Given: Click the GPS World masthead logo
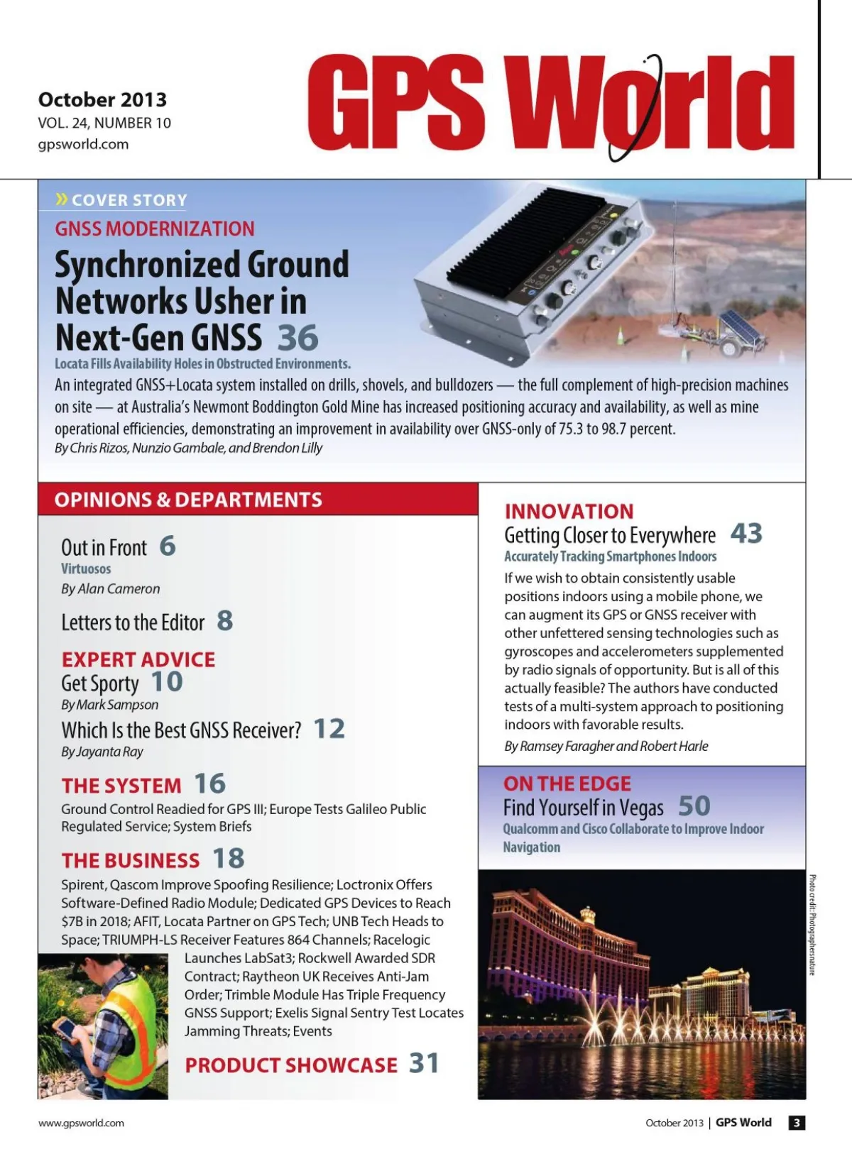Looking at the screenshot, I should (x=550, y=103).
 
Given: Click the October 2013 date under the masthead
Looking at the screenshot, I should (x=102, y=99).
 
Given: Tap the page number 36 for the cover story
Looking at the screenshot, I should (x=297, y=339).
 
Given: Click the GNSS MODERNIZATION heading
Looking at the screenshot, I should (x=155, y=229).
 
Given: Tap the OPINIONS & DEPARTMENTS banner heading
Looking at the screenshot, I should (x=188, y=500).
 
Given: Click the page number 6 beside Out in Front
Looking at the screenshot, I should (x=168, y=546).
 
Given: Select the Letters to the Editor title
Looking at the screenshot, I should (x=133, y=622).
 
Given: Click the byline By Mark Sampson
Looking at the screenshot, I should (x=109, y=705).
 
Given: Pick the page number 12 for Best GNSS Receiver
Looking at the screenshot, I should (x=329, y=729).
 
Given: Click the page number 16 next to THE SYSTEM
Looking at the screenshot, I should (x=209, y=784).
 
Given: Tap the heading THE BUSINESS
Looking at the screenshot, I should (x=131, y=860).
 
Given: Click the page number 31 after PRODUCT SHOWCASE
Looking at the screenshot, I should (x=424, y=1063).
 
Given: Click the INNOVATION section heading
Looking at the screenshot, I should (x=569, y=511).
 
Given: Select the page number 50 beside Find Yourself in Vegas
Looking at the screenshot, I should (x=694, y=806).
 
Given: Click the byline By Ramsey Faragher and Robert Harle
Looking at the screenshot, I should (x=606, y=746).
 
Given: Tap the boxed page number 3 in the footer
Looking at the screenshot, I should (x=797, y=1123).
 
